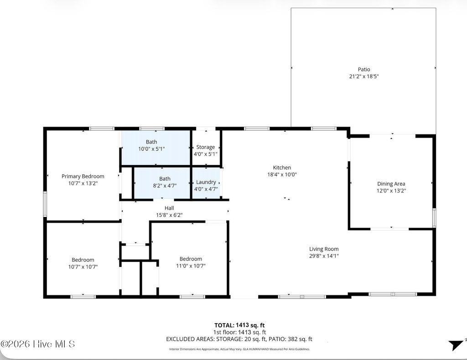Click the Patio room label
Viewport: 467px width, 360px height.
pyautogui.click(x=363, y=69)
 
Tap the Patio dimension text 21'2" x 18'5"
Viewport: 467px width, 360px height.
pyautogui.click(x=363, y=77)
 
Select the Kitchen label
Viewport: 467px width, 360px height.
pyautogui.click(x=282, y=168)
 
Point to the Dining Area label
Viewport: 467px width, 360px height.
pyautogui.click(x=391, y=184)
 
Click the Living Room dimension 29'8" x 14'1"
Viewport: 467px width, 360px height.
pyautogui.click(x=324, y=256)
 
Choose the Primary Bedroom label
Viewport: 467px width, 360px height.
pyautogui.click(x=83, y=176)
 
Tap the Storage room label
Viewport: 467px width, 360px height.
pyautogui.click(x=206, y=147)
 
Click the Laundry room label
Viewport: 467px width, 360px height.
pyautogui.click(x=206, y=182)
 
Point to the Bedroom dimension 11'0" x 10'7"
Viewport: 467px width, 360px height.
pyautogui.click(x=191, y=266)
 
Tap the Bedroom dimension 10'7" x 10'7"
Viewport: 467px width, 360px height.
pyautogui.click(x=83, y=267)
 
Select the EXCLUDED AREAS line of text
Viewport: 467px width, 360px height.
pyautogui.click(x=239, y=339)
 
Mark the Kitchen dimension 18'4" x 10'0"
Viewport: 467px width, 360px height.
pyautogui.click(x=282, y=175)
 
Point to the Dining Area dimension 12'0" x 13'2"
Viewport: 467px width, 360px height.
pyautogui.click(x=391, y=191)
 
